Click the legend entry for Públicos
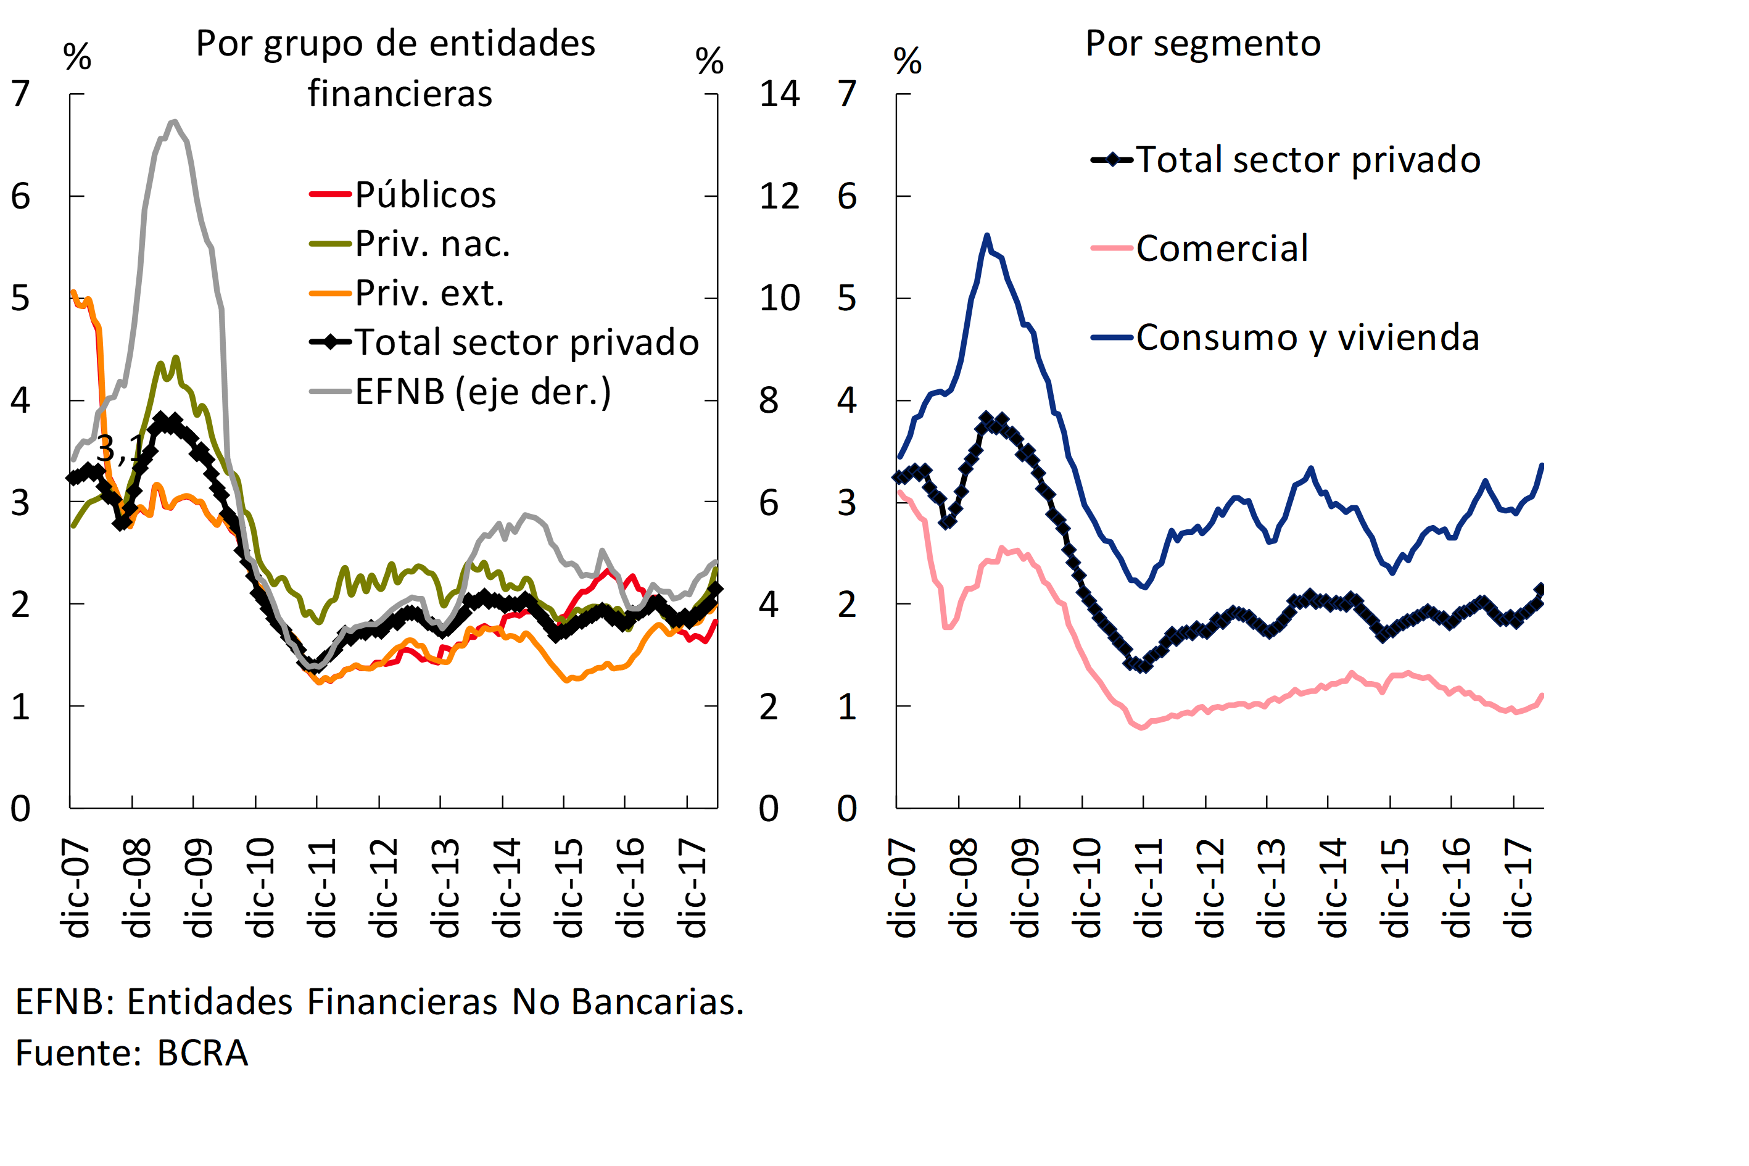424,195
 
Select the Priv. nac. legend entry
432,244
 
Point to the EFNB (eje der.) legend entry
482,392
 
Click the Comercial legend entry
1222,249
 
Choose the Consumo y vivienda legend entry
1307,337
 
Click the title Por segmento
1202,43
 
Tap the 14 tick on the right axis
779,94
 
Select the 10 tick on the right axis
779,298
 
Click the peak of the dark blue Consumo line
987,236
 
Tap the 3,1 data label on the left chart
119,449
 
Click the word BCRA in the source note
202,1054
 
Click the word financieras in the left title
400,94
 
